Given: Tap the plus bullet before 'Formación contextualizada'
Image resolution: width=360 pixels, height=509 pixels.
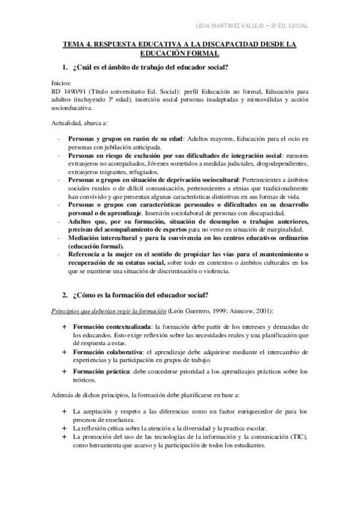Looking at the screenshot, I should (64, 327).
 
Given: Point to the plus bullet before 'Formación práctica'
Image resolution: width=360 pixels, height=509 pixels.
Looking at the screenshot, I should (64, 372).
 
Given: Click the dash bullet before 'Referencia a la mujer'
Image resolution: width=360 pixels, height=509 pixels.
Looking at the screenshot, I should (58, 254).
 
